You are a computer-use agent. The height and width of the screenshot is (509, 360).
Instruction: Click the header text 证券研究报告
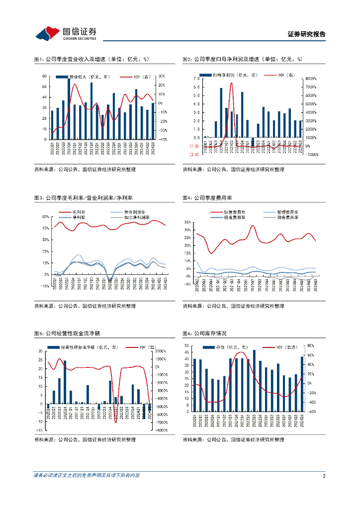pyautogui.click(x=307, y=34)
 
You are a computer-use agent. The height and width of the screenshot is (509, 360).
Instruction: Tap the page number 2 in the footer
pyautogui.click(x=324, y=476)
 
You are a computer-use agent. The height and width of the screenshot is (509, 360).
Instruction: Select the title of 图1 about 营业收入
pyautogui.click(x=91, y=59)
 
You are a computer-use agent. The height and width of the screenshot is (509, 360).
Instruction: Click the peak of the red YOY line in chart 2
pyautogui.click(x=231, y=83)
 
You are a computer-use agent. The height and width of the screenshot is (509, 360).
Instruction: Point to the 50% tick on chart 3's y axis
pyautogui.click(x=45, y=217)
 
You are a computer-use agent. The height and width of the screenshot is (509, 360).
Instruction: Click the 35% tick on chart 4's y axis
pyautogui.click(x=187, y=222)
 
